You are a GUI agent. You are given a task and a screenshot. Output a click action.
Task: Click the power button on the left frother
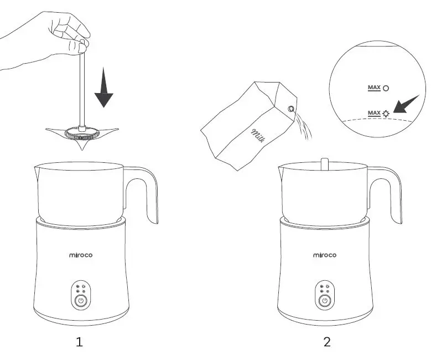pos(81,301)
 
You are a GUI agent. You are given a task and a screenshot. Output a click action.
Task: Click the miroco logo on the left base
pos(80,255)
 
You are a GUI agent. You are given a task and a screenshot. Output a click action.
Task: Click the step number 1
pos(80,342)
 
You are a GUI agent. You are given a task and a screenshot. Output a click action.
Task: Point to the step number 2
pos(326,342)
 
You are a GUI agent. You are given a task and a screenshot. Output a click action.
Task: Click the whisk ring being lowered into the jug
pos(82,133)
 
